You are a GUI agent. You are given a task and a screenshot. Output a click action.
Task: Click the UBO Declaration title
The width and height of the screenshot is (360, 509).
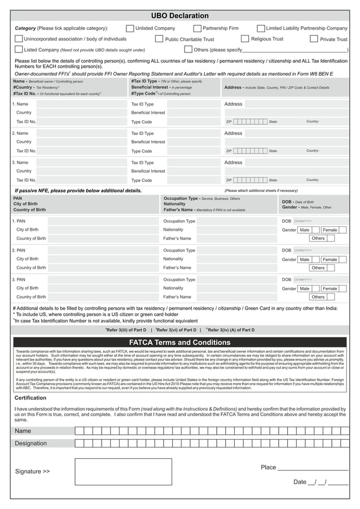coord(180,16)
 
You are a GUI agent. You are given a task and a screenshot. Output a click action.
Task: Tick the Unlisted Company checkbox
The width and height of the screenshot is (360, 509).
coord(130,28)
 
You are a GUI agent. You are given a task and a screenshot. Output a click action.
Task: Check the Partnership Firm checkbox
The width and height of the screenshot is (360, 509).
coord(197,28)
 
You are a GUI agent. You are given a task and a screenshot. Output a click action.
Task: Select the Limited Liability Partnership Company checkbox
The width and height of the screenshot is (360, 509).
coord(261,28)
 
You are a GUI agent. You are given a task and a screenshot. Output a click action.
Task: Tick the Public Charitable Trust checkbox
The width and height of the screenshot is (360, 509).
coord(159,39)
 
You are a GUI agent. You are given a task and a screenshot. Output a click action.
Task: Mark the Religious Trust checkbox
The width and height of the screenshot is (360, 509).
coord(245,39)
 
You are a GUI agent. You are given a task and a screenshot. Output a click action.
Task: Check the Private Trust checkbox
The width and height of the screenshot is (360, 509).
coord(315,39)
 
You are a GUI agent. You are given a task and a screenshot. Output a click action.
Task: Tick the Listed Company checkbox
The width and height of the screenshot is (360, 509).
coord(19,50)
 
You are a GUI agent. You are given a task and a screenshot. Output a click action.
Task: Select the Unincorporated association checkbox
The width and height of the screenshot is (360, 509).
coord(19,39)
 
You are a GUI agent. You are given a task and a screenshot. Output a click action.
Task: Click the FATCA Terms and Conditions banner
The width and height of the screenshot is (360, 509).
coord(180,343)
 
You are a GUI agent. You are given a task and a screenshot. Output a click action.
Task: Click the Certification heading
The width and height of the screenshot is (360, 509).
coord(30,398)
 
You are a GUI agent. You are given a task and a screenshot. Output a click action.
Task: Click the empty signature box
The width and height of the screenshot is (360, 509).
coord(123,471)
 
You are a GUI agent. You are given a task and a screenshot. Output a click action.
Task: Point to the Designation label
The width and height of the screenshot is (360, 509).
coord(30,444)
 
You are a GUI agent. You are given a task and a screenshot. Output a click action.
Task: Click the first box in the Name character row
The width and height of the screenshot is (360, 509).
coord(79,431)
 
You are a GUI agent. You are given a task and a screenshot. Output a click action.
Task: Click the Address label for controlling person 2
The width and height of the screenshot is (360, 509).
coord(233,133)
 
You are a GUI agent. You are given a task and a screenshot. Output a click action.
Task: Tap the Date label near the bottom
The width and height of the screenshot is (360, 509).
coord(300,482)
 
